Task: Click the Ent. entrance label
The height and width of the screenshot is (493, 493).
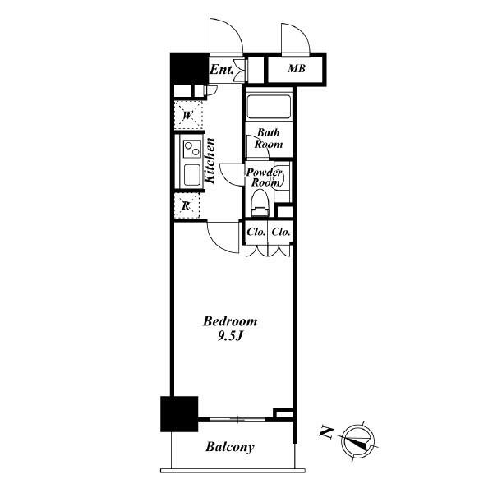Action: pos(222,70)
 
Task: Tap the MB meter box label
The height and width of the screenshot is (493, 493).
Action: pos(297,68)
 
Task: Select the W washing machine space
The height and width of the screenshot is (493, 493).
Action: pos(188,115)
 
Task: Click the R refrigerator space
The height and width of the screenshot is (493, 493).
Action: pos(187,205)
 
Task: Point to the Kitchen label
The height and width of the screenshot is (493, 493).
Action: pos(210,161)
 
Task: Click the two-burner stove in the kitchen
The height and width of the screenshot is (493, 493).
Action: pos(192,149)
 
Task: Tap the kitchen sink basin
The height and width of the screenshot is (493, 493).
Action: pos(192,175)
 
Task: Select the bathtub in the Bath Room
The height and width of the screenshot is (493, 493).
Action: pos(269,107)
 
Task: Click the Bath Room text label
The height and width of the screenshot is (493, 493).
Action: pos(269,138)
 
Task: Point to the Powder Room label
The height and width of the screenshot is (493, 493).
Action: pos(264,177)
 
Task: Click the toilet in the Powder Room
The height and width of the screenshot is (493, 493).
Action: pos(260,203)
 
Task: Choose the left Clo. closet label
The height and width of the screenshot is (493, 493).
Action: pos(256,232)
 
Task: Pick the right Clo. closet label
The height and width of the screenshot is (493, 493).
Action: pos(281,232)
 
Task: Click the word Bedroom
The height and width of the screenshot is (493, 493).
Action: pos(230,321)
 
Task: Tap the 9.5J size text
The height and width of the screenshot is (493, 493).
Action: pos(230,337)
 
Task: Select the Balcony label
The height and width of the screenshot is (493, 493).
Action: pos(230,447)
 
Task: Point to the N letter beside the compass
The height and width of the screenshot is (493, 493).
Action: pos(327,433)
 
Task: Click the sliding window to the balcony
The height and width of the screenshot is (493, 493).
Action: pos(237,419)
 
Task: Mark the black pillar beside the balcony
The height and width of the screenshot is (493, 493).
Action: pos(179,414)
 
